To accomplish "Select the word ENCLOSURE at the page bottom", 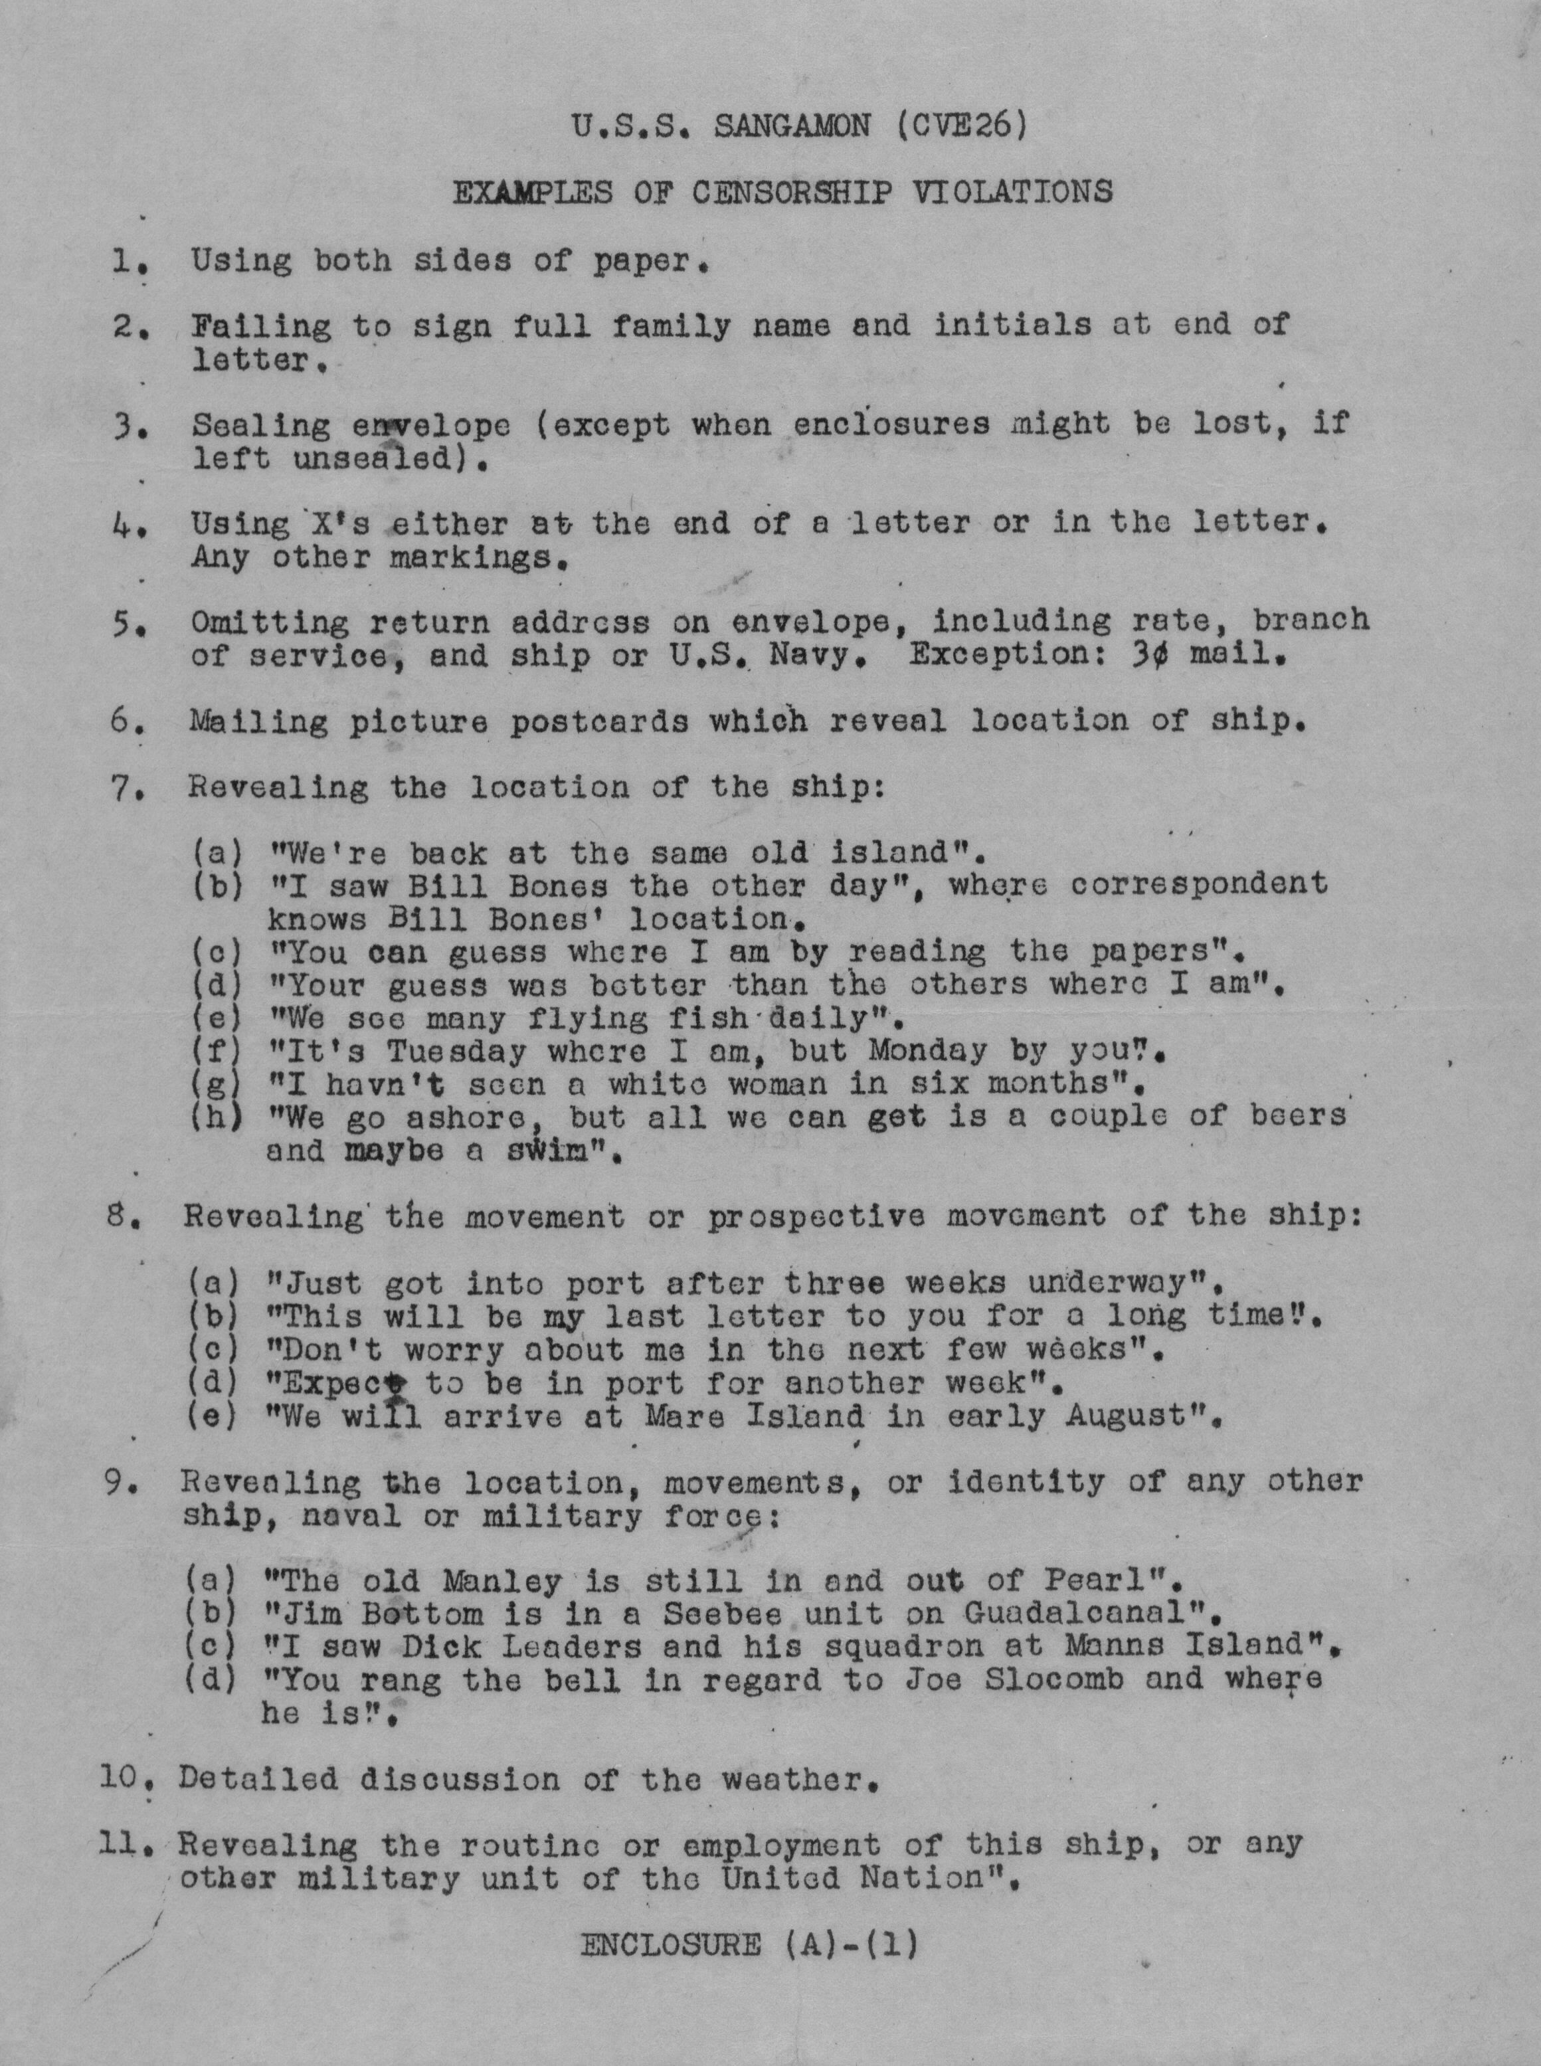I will coord(670,1944).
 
